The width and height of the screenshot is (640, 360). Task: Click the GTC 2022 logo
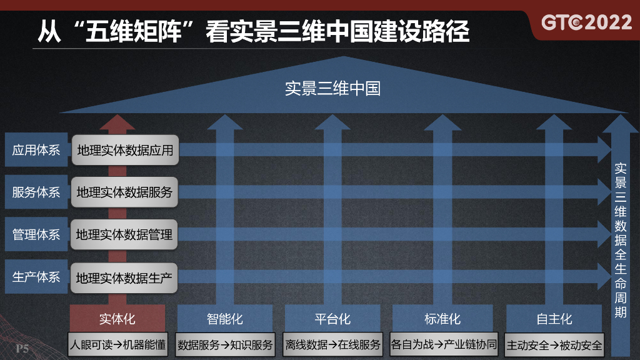pyautogui.click(x=586, y=22)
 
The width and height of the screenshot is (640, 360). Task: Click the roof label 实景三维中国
pyautogui.click(x=332, y=89)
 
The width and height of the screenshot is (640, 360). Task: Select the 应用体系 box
pyautogui.click(x=36, y=150)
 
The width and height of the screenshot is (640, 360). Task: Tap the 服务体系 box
pyautogui.click(x=36, y=192)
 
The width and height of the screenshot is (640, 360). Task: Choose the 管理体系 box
pyautogui.click(x=36, y=235)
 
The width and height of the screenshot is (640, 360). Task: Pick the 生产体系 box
pyautogui.click(x=36, y=277)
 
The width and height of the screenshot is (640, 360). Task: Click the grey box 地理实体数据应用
pyautogui.click(x=125, y=150)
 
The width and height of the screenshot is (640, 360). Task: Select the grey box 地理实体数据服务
pyautogui.click(x=124, y=192)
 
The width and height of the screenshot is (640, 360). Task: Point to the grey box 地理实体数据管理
pyautogui.click(x=124, y=235)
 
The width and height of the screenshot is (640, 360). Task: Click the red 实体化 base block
pyautogui.click(x=117, y=319)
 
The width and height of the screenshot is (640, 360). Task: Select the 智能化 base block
pyautogui.click(x=224, y=319)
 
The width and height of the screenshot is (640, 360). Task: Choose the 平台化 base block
pyautogui.click(x=332, y=319)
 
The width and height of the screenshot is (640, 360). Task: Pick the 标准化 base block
pyautogui.click(x=442, y=319)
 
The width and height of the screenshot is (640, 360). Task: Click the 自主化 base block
pyautogui.click(x=554, y=319)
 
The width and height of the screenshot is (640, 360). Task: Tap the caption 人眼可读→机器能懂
pyautogui.click(x=117, y=344)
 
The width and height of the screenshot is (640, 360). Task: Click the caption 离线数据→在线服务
pyautogui.click(x=332, y=344)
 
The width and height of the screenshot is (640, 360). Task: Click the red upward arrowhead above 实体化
pyautogui.click(x=117, y=121)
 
